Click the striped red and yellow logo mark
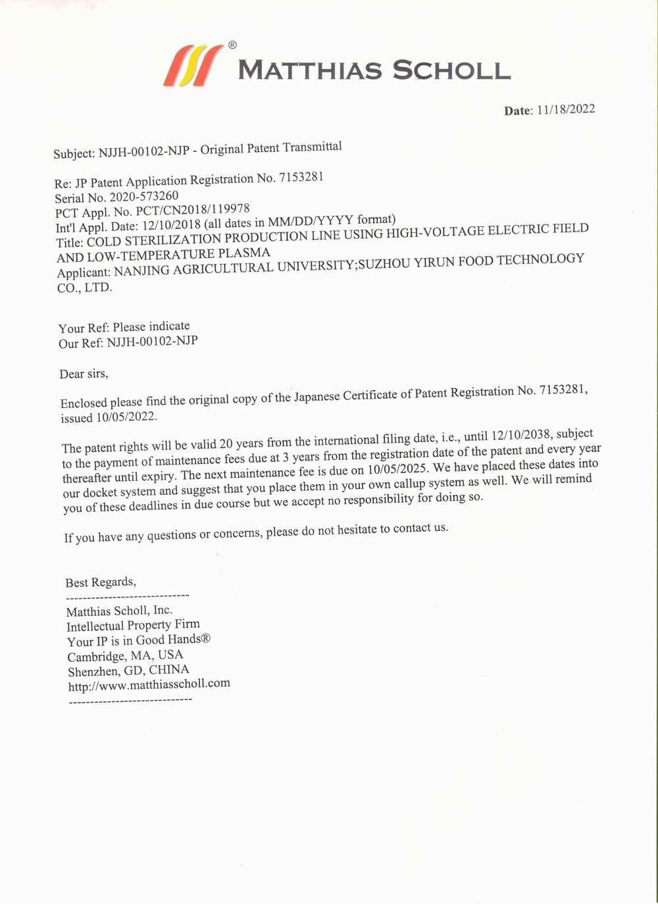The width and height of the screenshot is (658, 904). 193,66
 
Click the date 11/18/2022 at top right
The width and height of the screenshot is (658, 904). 566,109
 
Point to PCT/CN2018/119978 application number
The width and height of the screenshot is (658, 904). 192,211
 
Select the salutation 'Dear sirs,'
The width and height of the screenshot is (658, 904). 84,374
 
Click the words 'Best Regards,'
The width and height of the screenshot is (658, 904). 101,582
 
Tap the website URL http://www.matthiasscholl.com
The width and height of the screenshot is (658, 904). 149,684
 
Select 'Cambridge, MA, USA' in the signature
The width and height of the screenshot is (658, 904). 125,655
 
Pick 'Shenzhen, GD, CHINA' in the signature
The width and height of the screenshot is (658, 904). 128,670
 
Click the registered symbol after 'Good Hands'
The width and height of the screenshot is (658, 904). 205,638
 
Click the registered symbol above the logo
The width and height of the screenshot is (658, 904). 232,45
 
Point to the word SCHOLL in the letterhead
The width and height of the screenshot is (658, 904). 451,70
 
